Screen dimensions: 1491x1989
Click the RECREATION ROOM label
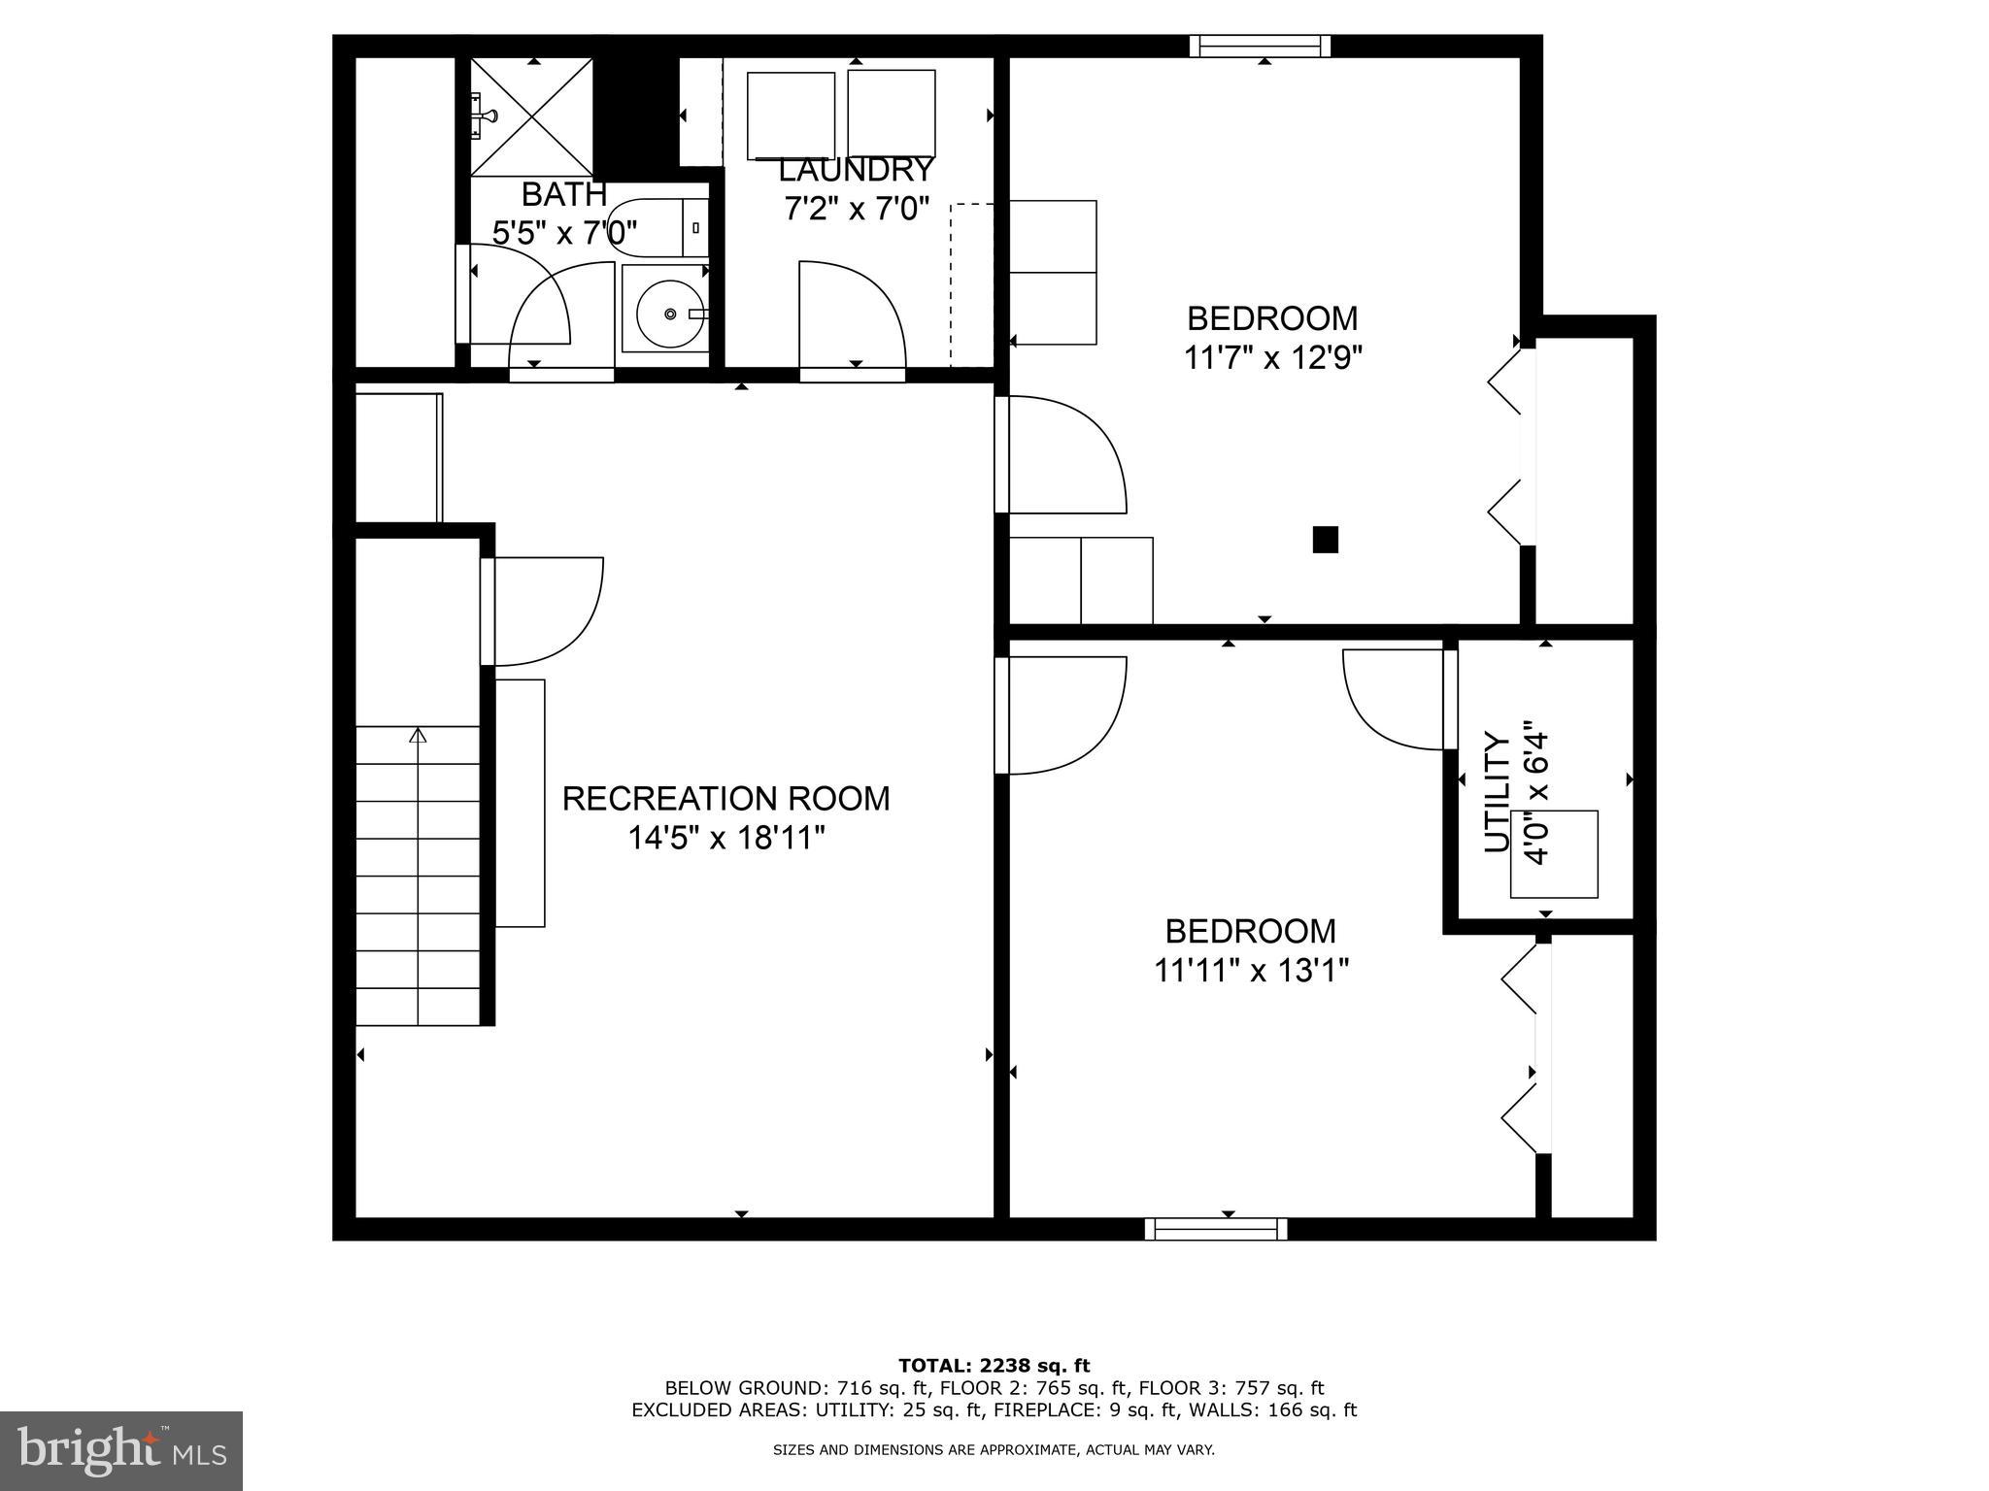point(725,799)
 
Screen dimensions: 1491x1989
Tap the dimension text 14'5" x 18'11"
point(725,838)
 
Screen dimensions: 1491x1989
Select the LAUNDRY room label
point(856,171)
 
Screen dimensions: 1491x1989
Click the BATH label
point(564,194)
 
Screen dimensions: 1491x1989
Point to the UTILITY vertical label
point(1498,793)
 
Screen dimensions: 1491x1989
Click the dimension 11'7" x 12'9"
point(1272,358)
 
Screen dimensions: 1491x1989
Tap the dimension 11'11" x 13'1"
point(1251,971)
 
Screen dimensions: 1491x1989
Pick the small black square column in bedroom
point(1325,540)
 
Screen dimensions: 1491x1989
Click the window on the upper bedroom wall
point(1260,46)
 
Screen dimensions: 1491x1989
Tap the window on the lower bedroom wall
point(1216,1229)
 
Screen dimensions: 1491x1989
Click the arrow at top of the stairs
point(418,736)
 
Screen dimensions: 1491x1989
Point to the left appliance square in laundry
point(791,116)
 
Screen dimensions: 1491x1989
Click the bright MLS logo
point(120,1449)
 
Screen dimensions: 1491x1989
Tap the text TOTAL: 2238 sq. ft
point(994,1366)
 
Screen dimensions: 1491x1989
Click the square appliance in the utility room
point(1553,854)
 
